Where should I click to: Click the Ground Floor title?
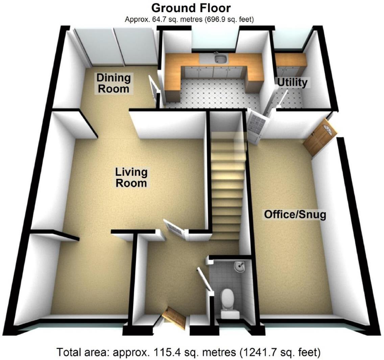[x=191, y=8]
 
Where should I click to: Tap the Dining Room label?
[x=113, y=83]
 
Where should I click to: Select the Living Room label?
[x=131, y=177]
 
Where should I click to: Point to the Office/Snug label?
[x=295, y=214]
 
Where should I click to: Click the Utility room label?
[x=292, y=82]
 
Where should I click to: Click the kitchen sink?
[x=220, y=59]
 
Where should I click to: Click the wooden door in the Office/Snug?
[x=319, y=137]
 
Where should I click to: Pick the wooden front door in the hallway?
[x=174, y=318]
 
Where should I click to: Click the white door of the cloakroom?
[x=205, y=279]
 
